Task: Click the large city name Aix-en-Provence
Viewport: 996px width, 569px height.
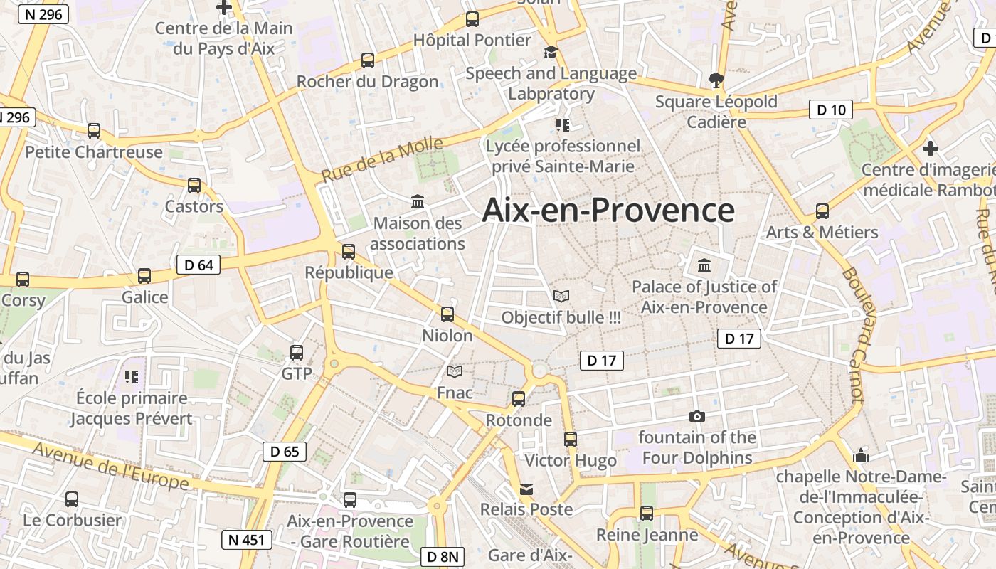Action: (608, 211)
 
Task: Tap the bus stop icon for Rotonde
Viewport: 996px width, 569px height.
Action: (519, 399)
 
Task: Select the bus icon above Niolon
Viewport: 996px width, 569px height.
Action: (447, 314)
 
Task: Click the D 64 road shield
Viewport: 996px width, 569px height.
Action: (198, 265)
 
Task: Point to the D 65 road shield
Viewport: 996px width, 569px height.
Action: (285, 451)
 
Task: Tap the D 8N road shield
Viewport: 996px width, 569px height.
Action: (443, 557)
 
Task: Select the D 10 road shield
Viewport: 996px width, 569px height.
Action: (831, 110)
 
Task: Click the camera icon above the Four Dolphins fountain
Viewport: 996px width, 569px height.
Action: (696, 416)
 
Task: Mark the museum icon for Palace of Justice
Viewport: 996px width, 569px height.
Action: (704, 266)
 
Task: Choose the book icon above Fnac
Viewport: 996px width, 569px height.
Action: (455, 371)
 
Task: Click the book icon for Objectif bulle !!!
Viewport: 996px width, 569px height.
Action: (561, 296)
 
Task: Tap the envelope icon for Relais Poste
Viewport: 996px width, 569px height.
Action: (526, 489)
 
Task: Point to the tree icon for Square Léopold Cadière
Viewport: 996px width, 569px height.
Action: (716, 80)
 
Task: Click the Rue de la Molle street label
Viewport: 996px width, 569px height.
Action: (381, 160)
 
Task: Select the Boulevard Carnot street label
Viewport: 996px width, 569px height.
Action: (852, 334)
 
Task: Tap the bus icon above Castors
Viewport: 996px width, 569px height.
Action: (194, 186)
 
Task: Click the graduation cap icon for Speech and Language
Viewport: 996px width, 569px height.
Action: (551, 53)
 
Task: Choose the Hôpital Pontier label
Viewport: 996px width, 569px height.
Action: (472, 41)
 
